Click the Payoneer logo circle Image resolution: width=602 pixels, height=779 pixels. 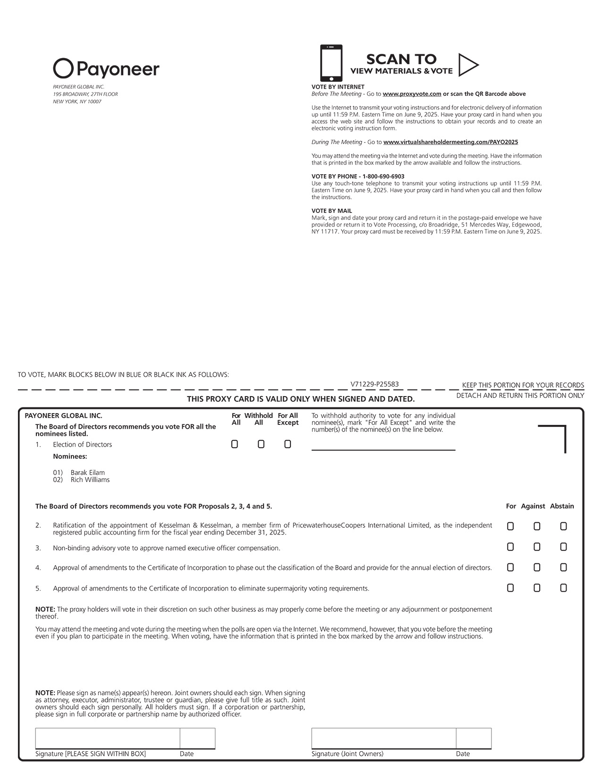tap(63, 68)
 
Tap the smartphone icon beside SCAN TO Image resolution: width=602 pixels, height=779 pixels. tap(331, 63)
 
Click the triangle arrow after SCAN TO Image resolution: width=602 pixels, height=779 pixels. tap(467, 65)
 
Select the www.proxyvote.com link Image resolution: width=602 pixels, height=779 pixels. tap(412, 94)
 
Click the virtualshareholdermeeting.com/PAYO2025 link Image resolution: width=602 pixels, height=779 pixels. tap(450, 142)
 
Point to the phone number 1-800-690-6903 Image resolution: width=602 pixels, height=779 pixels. tap(383, 177)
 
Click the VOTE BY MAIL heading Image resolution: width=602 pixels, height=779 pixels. tap(331, 211)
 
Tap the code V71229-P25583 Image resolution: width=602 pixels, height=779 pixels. tap(374, 384)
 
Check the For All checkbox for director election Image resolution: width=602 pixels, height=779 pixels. tap(235, 444)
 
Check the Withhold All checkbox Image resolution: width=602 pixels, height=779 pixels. tap(261, 444)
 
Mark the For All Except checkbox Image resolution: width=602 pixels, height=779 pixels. tap(288, 444)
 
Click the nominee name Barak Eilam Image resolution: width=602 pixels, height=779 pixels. tap(88, 473)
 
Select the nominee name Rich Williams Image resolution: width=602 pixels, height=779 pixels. tap(90, 480)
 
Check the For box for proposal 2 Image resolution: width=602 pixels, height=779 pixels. tap(510, 526)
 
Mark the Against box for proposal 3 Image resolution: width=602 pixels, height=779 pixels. tap(537, 547)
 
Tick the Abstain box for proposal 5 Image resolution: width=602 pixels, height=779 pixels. tap(563, 588)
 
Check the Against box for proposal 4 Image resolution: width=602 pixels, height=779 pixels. tap(537, 567)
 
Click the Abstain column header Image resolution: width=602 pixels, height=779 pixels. tap(562, 506)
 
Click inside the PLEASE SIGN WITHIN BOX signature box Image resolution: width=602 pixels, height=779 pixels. tap(107, 738)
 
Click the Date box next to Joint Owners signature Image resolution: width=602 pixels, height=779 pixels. tap(474, 738)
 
